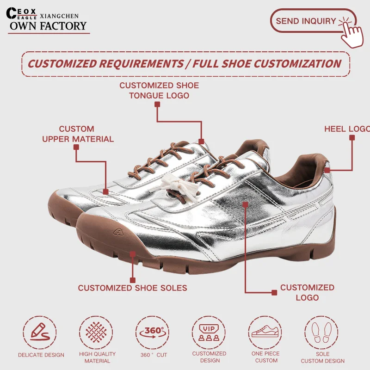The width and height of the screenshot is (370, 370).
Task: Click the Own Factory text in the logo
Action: tap(48, 25)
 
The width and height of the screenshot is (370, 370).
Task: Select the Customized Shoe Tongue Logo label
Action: tap(159, 90)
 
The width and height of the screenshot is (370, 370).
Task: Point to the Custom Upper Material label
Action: tap(78, 134)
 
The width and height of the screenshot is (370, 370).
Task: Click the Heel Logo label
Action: tap(346, 129)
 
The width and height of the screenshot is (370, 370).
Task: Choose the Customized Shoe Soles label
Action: tap(132, 288)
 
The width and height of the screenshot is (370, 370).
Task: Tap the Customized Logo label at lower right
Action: tap(307, 292)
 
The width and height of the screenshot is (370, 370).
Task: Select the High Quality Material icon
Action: tap(97, 332)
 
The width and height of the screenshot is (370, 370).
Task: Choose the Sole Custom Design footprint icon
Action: tap(322, 333)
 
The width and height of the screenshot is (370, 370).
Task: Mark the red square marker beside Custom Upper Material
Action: tap(76, 147)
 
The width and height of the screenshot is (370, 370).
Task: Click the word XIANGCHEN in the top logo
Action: tap(60, 15)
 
